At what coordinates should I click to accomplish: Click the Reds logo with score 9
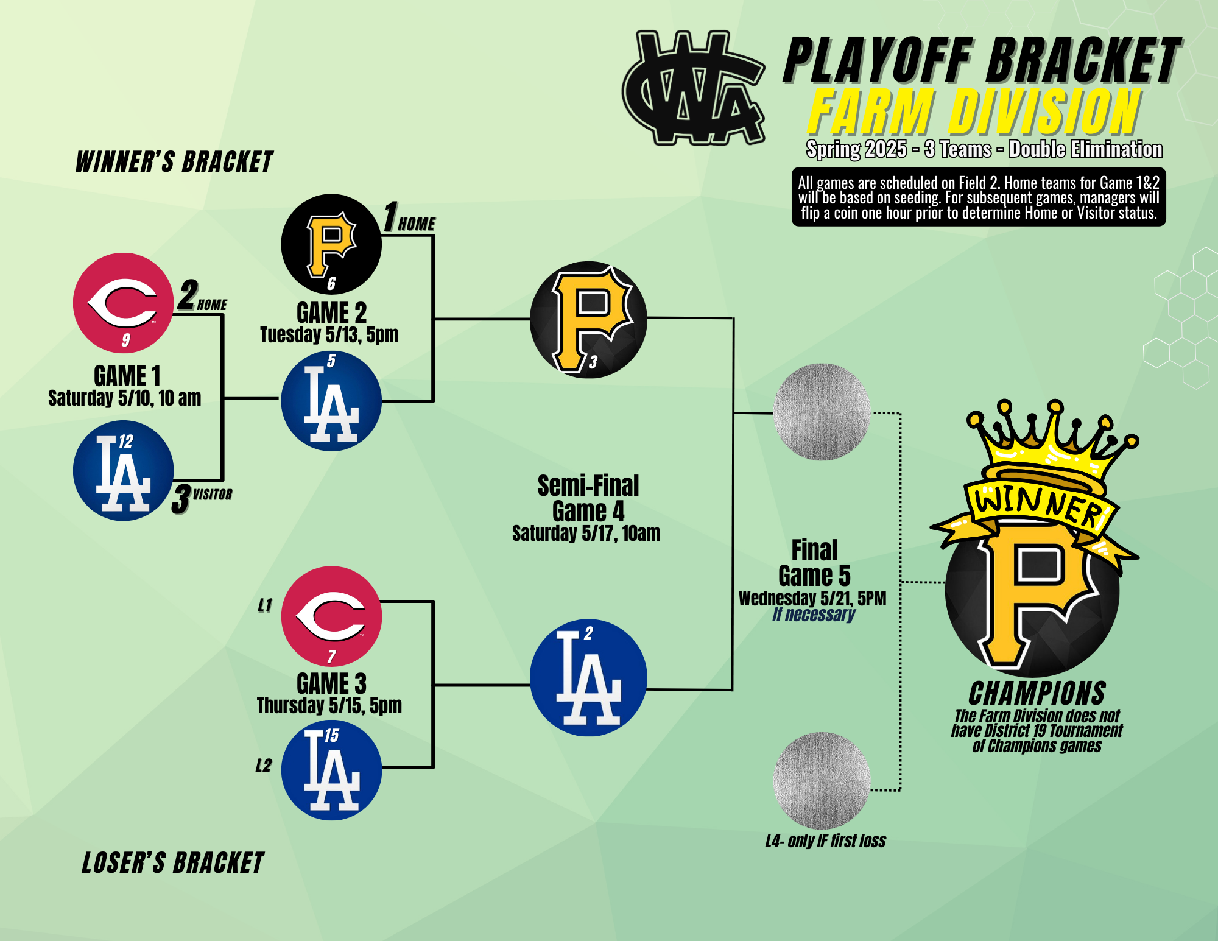click(x=124, y=303)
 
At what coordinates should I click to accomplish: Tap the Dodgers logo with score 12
click(x=124, y=470)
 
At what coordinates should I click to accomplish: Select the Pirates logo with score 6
click(x=331, y=244)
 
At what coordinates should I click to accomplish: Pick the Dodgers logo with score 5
click(x=331, y=401)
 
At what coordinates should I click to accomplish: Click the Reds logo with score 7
click(x=331, y=616)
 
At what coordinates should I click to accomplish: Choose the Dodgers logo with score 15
click(x=331, y=770)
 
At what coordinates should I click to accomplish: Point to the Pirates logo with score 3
click(x=588, y=320)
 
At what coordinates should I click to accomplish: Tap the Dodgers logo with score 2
click(x=588, y=678)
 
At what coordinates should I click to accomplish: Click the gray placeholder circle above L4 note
click(x=822, y=781)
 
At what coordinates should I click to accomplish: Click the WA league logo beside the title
click(x=693, y=88)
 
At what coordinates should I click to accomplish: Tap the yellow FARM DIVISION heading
click(x=974, y=112)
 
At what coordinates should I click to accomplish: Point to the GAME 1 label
click(x=127, y=376)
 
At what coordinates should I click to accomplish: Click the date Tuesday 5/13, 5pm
click(x=329, y=334)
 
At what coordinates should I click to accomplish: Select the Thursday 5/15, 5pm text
click(x=329, y=705)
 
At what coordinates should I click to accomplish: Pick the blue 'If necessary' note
click(x=814, y=615)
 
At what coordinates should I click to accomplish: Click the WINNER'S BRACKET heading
click(x=174, y=162)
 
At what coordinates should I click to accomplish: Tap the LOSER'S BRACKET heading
click(x=173, y=863)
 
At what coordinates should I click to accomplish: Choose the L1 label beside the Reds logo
click(x=265, y=605)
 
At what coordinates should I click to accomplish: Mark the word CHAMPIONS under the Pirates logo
click(x=1037, y=693)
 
